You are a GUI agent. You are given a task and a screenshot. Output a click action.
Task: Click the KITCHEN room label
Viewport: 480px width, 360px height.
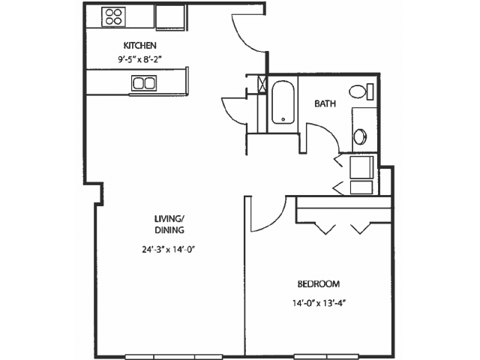[140, 46]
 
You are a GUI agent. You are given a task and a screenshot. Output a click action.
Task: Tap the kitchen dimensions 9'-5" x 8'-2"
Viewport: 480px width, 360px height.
[140, 59]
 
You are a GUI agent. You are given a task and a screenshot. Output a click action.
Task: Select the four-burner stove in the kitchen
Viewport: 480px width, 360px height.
[113, 16]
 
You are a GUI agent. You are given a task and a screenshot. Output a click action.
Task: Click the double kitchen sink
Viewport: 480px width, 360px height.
[144, 83]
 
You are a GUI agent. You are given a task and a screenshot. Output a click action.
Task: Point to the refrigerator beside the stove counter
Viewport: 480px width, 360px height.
[170, 16]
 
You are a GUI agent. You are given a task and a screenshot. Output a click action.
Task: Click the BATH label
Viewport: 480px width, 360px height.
[325, 103]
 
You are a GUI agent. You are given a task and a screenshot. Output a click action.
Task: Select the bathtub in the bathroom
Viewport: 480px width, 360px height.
[283, 103]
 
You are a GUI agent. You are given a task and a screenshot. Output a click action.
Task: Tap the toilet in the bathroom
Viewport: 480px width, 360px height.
[361, 91]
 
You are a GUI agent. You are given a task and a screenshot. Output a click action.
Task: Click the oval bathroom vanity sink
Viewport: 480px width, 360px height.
[360, 136]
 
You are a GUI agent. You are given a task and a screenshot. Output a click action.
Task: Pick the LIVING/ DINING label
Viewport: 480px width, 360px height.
[169, 224]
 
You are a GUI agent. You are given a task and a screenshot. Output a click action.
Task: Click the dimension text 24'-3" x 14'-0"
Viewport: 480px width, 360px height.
[169, 250]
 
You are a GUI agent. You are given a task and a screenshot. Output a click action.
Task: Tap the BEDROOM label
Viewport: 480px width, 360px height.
[319, 284]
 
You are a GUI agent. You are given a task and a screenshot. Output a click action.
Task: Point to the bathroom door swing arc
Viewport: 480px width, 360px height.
[329, 131]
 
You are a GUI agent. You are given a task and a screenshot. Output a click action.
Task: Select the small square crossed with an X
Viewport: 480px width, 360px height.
[262, 83]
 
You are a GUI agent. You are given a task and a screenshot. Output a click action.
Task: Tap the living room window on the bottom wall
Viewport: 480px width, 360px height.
[174, 357]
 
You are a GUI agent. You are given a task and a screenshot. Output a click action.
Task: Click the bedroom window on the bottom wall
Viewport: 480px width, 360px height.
[325, 357]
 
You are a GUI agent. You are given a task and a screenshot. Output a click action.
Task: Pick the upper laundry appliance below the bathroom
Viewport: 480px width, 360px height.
[361, 167]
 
